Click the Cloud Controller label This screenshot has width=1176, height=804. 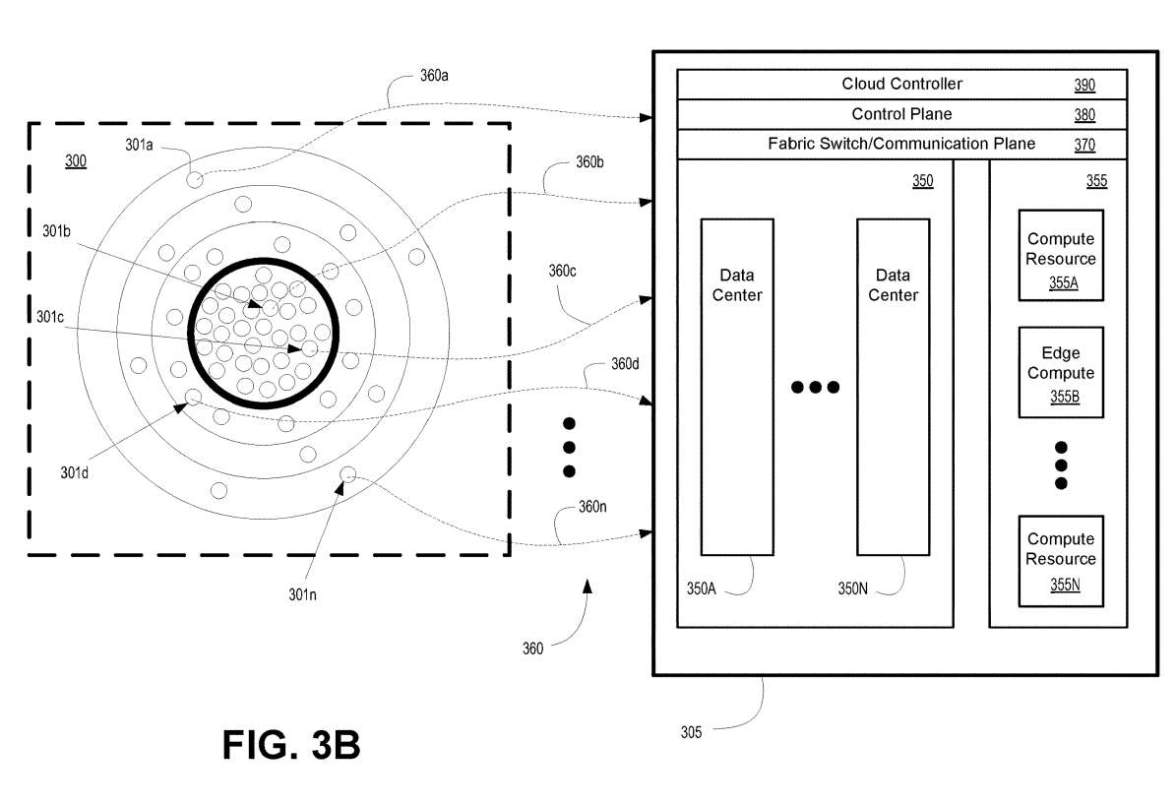[901, 84]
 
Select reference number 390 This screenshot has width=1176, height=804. [1084, 85]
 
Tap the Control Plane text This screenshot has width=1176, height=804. [901, 114]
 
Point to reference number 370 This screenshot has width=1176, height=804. [1084, 145]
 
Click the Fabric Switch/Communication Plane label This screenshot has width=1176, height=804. [901, 144]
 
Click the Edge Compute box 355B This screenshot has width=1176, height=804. [1060, 372]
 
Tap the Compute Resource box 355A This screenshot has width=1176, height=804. [1060, 255]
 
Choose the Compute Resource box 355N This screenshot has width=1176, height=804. [1060, 559]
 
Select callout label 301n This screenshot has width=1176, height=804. [302, 593]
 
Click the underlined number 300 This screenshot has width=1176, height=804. [75, 160]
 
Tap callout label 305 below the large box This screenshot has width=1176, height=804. [692, 731]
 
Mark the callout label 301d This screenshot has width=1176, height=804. [74, 472]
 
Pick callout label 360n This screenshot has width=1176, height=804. [592, 507]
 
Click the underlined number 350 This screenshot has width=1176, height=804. [922, 181]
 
